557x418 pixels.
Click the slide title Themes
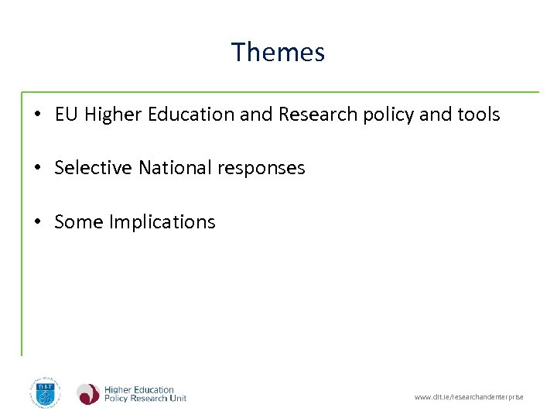click(278, 52)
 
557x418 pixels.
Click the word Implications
click(162, 222)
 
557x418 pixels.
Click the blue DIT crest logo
click(45, 392)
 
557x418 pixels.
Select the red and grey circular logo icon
click(87, 394)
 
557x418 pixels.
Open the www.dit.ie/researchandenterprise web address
click(469, 397)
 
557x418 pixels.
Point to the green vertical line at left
click(22, 224)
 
